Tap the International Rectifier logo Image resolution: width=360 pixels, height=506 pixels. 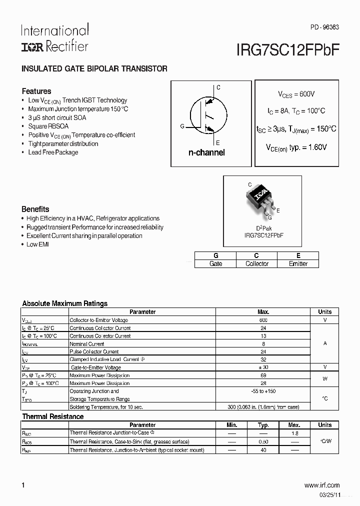tap(54, 38)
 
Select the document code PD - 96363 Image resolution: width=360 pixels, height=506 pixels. tap(324, 27)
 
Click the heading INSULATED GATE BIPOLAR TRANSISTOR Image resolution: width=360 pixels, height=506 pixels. tap(94, 68)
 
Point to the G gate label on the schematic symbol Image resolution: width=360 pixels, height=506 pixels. tap(182, 126)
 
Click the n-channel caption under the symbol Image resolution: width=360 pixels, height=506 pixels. tap(206, 152)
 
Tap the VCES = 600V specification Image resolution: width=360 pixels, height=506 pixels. tap(296, 94)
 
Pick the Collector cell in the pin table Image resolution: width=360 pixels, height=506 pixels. tap(257, 263)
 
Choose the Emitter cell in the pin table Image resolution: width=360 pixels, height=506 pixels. tap(298, 263)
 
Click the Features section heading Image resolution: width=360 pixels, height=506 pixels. tap(36, 91)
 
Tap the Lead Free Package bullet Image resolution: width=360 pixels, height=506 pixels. tap(53, 152)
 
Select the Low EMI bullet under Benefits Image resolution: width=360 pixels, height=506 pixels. tap(37, 244)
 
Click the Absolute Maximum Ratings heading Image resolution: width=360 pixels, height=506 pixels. tap(65, 303)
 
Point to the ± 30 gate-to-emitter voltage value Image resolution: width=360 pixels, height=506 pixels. tap(263, 367)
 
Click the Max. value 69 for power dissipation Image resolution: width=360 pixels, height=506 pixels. tap(263, 375)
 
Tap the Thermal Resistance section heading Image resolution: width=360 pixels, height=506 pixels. tap(53, 416)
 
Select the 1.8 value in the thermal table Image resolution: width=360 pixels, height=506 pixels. tap(294, 433)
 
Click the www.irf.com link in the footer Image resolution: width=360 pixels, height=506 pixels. tap(321, 485)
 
